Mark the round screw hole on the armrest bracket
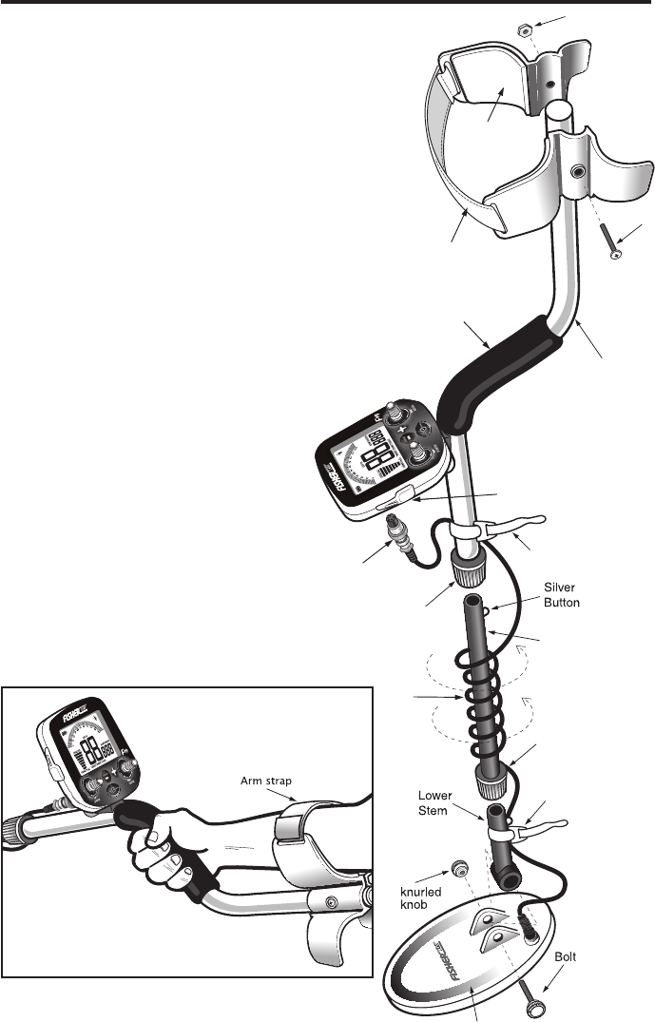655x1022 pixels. pyautogui.click(x=578, y=172)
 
